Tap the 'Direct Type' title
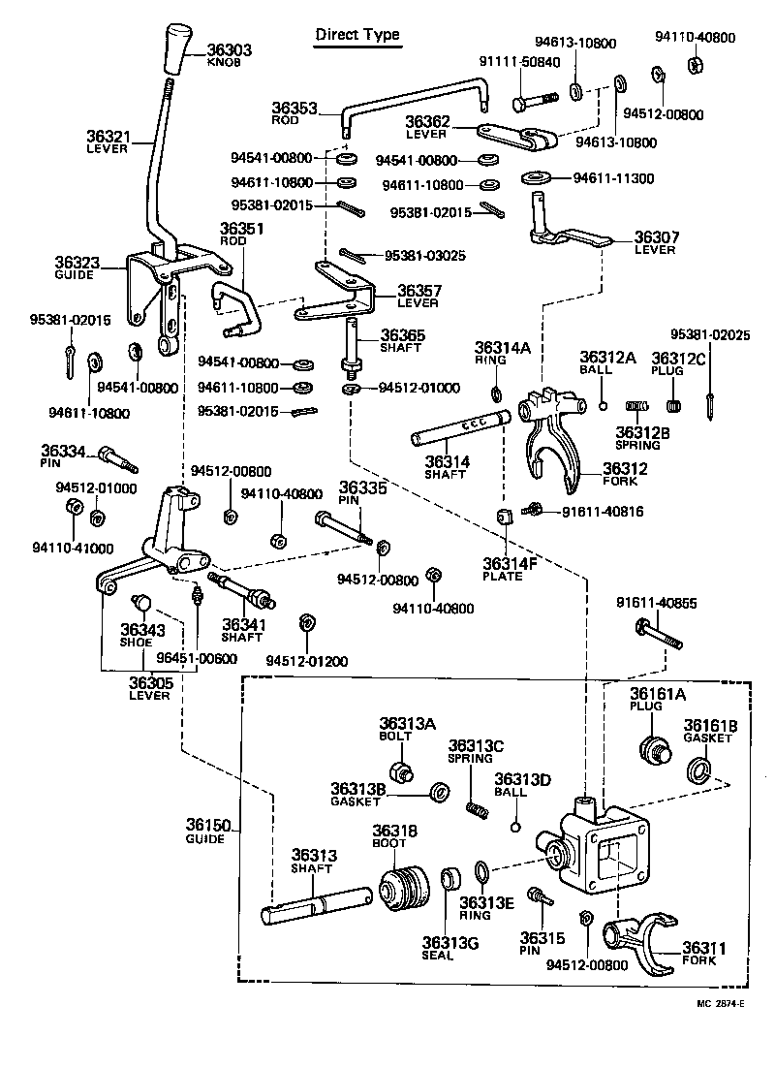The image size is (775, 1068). click(x=357, y=35)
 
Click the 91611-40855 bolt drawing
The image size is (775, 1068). click(x=660, y=636)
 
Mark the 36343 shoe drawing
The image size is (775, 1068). click(x=142, y=607)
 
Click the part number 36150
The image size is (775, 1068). click(x=208, y=826)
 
